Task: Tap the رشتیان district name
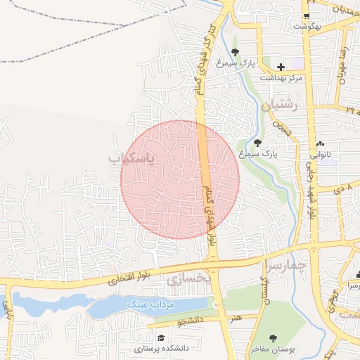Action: (x=280, y=106)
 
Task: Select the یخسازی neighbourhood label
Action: (x=189, y=279)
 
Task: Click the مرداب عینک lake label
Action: (x=150, y=304)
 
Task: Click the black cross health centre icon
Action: (x=281, y=67)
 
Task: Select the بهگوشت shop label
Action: (x=307, y=26)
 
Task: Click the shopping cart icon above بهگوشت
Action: (x=307, y=15)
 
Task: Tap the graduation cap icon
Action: (x=161, y=338)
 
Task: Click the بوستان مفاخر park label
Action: (x=273, y=349)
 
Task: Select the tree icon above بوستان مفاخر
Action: (x=273, y=338)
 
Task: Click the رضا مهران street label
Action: (x=342, y=65)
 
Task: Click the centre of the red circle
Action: (x=180, y=179)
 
